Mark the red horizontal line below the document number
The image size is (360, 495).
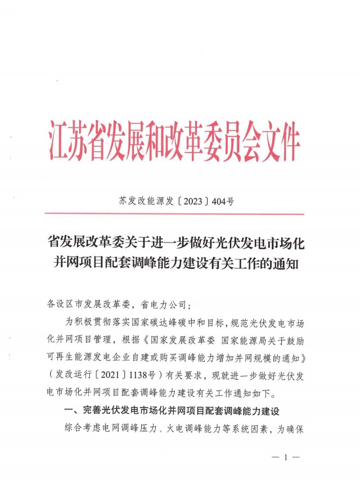click(174, 214)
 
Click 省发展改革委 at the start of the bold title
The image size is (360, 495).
click(78, 244)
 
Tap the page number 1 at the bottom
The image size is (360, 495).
click(286, 458)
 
